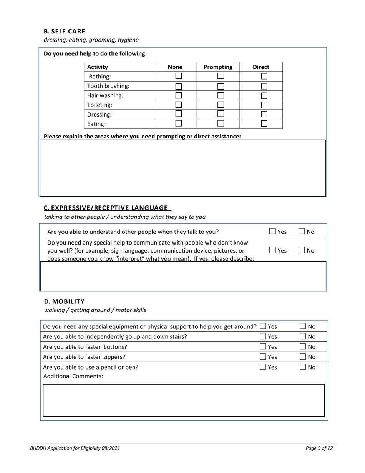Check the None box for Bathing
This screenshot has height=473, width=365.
179,76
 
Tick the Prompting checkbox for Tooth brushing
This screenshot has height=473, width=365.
221,86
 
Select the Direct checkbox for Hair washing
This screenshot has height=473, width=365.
264,95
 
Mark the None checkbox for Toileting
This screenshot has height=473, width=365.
179,105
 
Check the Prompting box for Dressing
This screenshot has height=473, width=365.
221,114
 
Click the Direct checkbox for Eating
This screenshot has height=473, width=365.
264,123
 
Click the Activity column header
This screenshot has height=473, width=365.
98,67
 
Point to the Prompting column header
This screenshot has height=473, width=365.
218,67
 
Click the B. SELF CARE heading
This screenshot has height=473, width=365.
65,31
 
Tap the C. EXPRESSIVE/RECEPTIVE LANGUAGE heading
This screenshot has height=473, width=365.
106,208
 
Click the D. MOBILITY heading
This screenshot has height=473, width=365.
64,301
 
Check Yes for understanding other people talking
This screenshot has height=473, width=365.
272,232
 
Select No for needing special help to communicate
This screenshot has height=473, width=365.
302,250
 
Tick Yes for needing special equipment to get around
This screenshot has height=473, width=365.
263,326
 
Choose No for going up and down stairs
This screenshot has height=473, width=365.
303,336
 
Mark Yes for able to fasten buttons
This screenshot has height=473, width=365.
263,346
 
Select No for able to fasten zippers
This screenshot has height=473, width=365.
303,356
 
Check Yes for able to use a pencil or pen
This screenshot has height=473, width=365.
263,367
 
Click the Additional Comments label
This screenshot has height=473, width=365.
73,376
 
